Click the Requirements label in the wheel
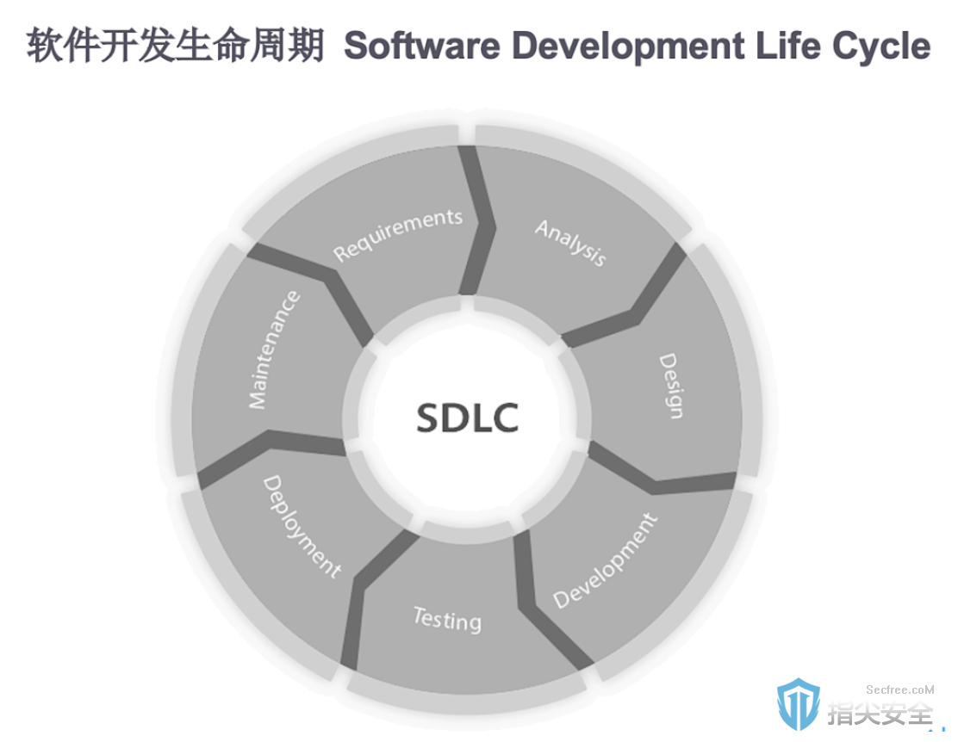tap(398, 234)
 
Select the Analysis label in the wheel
tap(570, 243)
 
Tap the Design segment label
tap(670, 386)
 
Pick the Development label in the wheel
tap(605, 561)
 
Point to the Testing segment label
tap(447, 619)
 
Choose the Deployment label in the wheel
tap(302, 527)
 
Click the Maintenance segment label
tap(274, 350)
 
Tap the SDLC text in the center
tap(468, 417)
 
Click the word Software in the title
tap(422, 46)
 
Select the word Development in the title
tap(628, 46)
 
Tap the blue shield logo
tap(798, 703)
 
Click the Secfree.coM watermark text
tap(899, 689)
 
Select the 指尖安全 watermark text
tap(880, 714)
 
